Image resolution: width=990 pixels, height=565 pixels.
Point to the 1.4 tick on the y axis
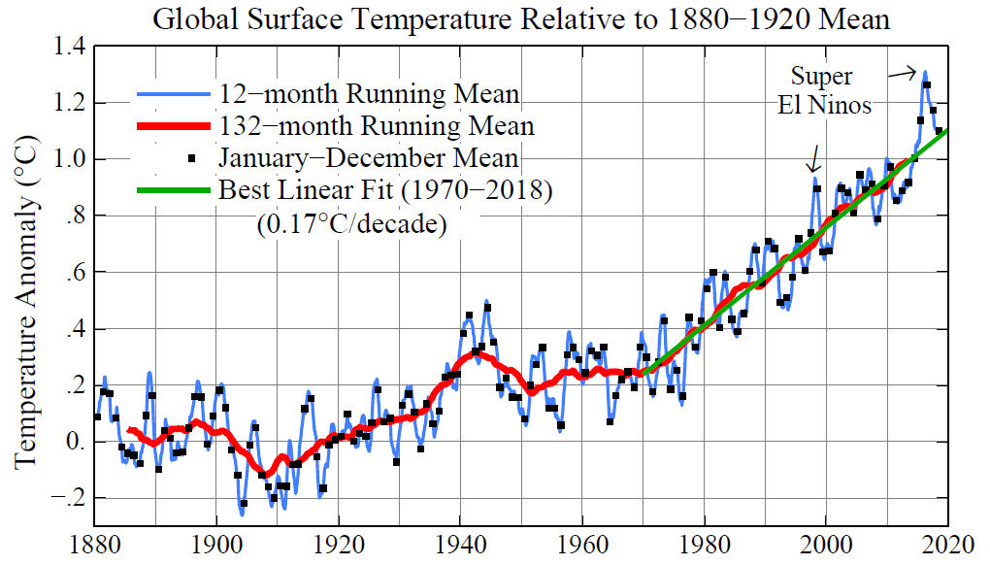coord(70,48)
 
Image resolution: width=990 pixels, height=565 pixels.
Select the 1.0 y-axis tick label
coord(70,160)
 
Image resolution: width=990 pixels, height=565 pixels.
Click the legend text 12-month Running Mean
coord(369,94)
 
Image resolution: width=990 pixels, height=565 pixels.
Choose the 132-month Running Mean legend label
coord(376,126)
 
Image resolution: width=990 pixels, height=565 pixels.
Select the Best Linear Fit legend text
coord(385,189)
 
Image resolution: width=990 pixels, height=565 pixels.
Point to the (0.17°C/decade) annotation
coord(350,224)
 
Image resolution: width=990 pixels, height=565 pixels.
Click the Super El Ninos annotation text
coord(824,90)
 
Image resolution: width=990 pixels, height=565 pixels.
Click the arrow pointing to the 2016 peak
coord(904,71)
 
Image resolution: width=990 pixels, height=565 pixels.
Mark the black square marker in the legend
coord(191,157)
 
